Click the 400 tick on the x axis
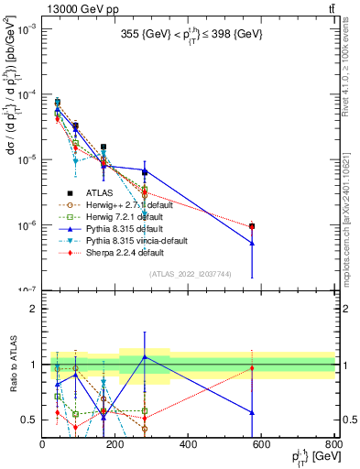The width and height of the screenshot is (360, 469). coord(189,444)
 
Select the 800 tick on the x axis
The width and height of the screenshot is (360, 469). coord(333,444)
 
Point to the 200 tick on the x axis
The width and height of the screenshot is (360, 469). coord(115,444)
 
